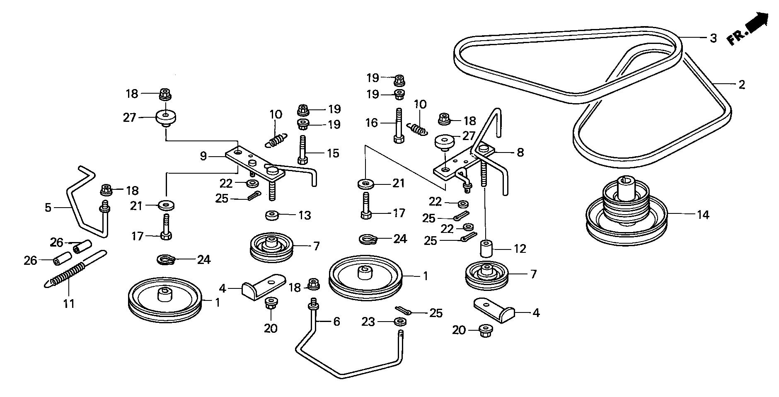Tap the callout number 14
click(703, 215)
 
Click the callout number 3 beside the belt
click(713, 38)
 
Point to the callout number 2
click(742, 85)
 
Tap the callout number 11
click(69, 304)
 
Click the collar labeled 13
click(271, 215)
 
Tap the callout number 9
click(203, 156)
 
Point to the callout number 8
click(520, 153)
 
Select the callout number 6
click(336, 322)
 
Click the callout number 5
click(48, 207)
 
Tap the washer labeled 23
click(400, 321)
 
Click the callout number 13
click(305, 215)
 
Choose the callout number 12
click(520, 249)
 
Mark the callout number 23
click(368, 322)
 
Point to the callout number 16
click(372, 123)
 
